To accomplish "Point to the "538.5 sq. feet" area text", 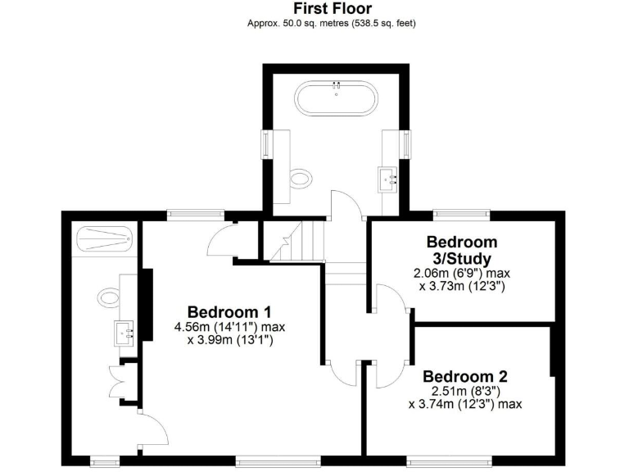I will (382, 24).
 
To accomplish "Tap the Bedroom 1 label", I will (229, 312).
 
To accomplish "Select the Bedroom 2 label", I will (465, 377).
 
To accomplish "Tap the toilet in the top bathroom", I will (302, 179).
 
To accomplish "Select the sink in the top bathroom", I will (387, 175).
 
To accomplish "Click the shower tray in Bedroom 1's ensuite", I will (103, 240).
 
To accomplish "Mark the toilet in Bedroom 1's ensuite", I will (107, 295).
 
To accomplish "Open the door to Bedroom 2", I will (388, 375).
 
